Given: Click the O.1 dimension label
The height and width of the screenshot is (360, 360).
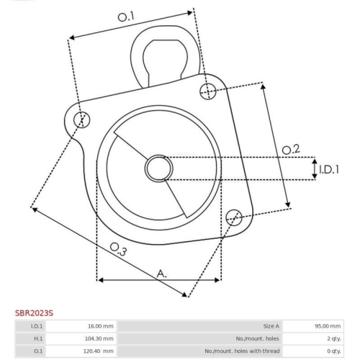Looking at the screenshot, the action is tap(126, 17).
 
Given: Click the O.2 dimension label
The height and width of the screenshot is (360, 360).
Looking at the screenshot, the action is tap(291, 150).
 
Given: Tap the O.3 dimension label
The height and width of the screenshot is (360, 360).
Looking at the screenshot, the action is tap(118, 249).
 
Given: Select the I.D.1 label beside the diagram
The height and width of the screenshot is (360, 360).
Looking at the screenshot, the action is tap(329, 169).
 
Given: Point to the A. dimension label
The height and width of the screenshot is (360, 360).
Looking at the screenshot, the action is tap(161, 274).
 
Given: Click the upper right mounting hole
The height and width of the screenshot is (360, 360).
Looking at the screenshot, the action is tap(208, 91).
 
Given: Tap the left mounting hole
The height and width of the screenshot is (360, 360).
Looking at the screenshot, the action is tap(82, 120).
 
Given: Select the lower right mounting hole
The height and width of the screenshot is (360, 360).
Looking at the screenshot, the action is tap(234, 217).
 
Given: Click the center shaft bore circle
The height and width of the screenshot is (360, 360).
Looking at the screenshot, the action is tap(158, 168).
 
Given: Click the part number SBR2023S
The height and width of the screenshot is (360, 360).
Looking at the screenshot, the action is tap(34, 313).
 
